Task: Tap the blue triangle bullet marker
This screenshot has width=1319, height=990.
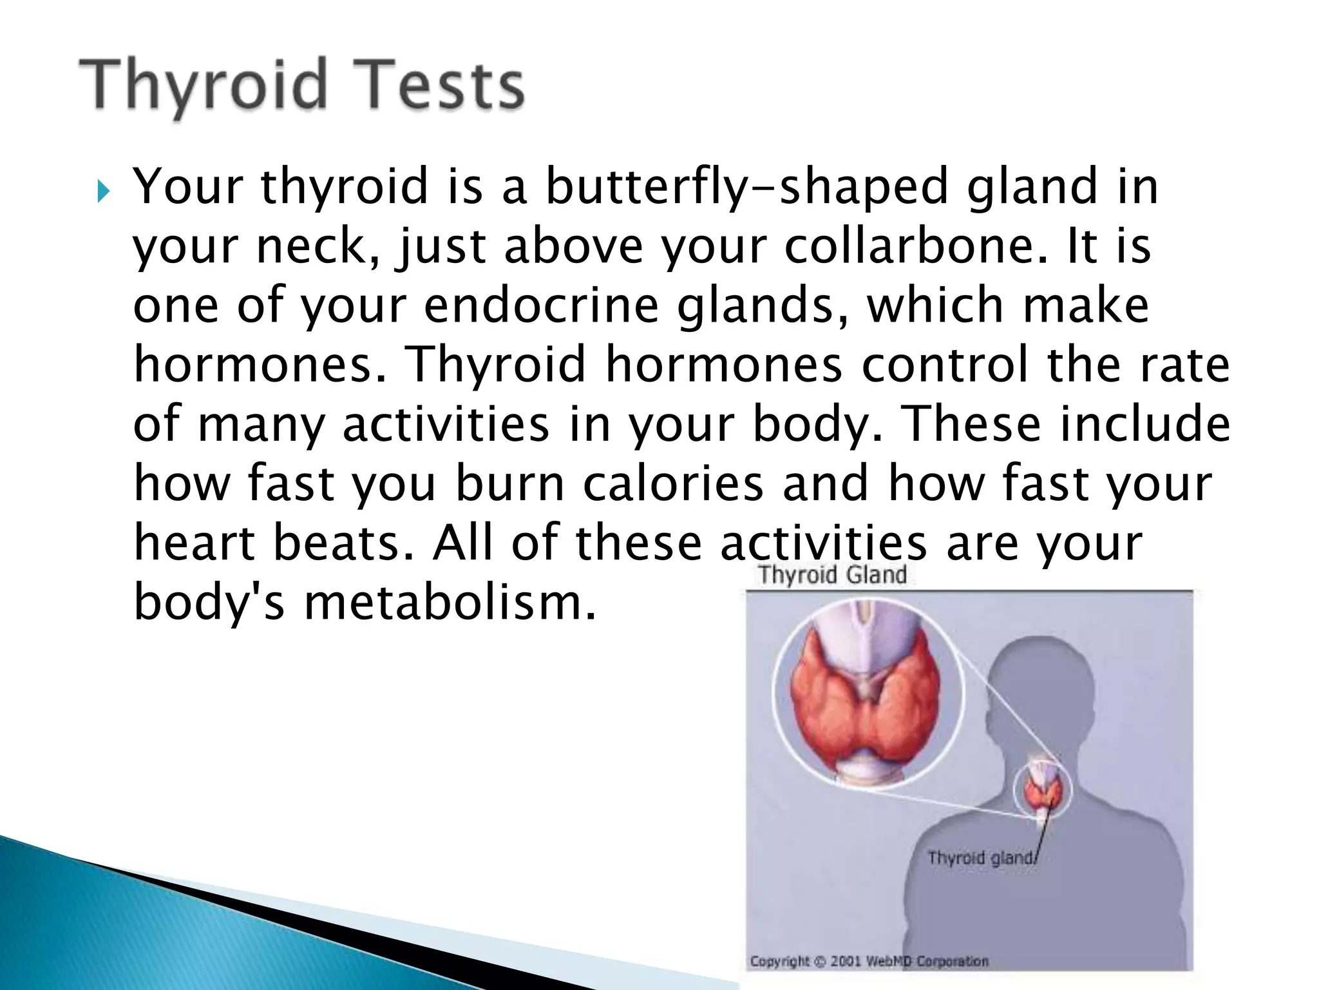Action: pos(103,191)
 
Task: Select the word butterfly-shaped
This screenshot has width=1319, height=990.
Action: pos(747,187)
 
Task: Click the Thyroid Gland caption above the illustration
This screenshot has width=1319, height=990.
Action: pos(832,574)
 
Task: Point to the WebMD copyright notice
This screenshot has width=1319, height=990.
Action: pos(869,961)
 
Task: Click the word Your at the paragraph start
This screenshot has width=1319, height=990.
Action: pos(187,187)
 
